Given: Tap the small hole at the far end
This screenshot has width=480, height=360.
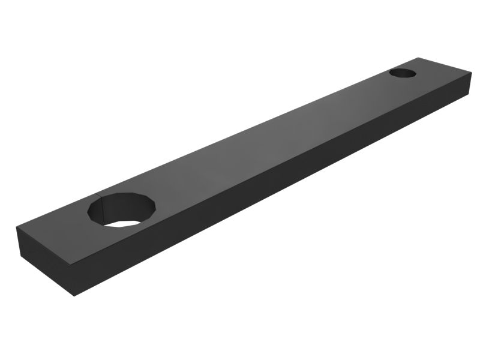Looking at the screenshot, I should (403, 73).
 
